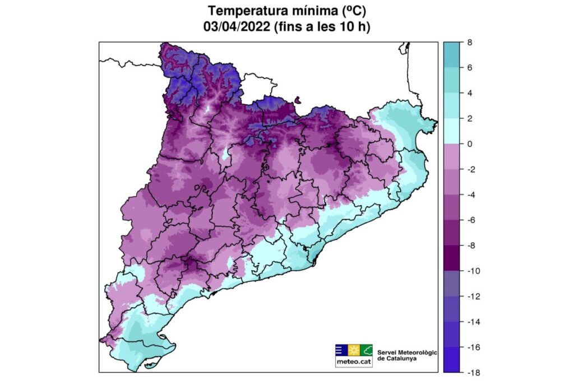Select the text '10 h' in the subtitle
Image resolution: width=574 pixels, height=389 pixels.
click(x=350, y=26)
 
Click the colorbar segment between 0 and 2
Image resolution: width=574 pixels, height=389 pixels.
click(x=453, y=131)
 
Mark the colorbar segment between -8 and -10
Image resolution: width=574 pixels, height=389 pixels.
click(x=453, y=258)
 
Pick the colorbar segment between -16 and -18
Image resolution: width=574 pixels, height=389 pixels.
click(x=453, y=359)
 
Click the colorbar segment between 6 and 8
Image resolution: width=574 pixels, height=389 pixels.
click(x=453, y=54)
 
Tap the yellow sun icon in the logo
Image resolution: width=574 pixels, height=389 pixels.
click(x=354, y=351)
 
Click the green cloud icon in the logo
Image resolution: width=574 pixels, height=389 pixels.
click(x=367, y=351)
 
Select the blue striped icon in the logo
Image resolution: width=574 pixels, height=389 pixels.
click(x=341, y=351)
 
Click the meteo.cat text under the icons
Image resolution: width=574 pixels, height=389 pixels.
click(x=354, y=362)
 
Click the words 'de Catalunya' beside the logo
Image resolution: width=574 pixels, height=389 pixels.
click(x=397, y=359)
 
